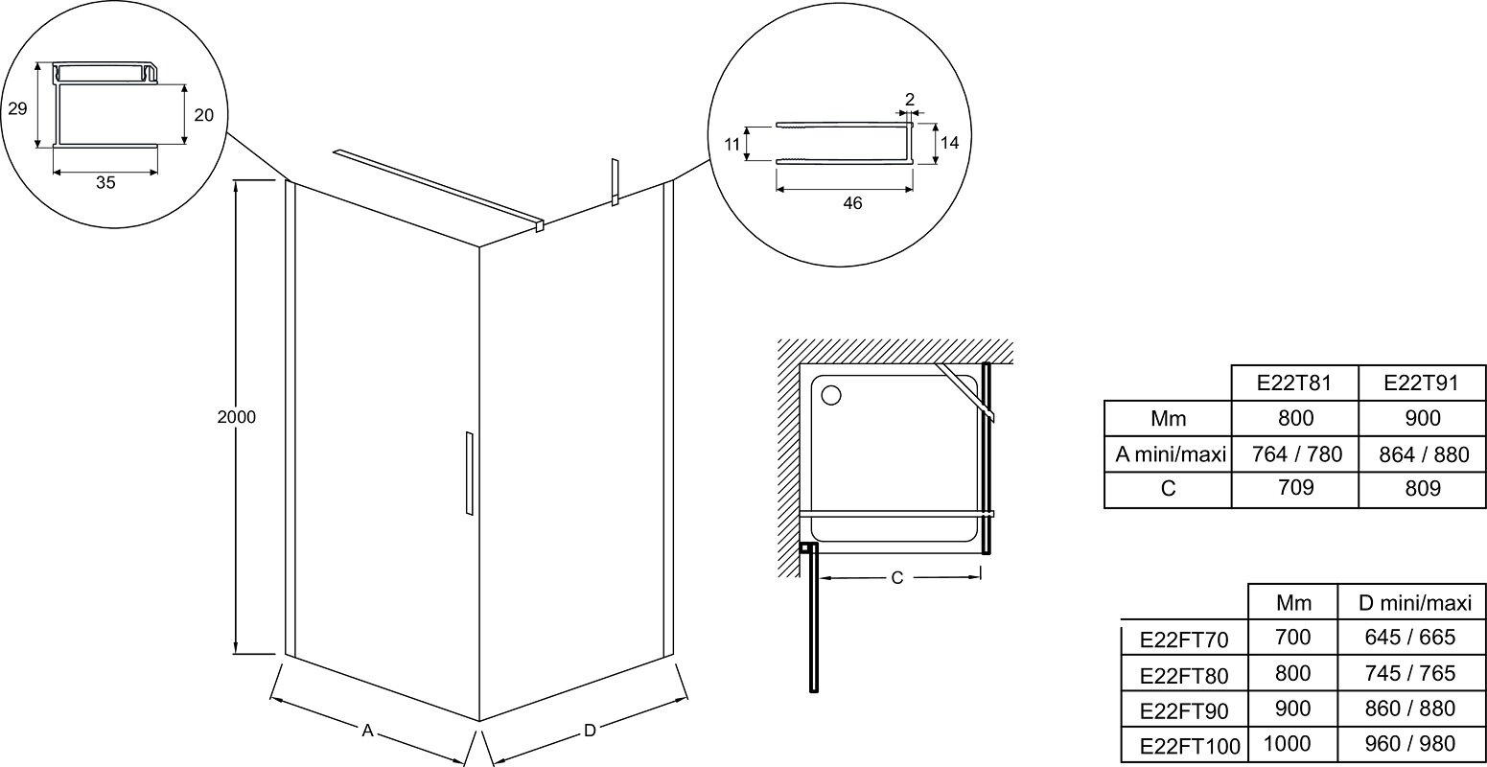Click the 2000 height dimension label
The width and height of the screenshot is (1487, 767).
(x=236, y=417)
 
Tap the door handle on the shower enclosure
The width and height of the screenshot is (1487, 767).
(x=470, y=474)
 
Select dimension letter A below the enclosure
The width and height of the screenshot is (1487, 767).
(x=367, y=732)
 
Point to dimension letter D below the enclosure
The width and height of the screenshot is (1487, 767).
(x=590, y=731)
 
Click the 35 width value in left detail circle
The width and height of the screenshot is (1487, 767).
(x=105, y=182)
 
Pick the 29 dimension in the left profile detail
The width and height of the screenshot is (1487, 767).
(x=18, y=108)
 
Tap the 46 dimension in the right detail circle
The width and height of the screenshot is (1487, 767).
(x=852, y=203)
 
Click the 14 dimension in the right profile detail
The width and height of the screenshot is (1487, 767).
(x=949, y=143)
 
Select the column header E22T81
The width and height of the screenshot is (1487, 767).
(x=1294, y=383)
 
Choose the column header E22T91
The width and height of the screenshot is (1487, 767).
(x=1421, y=383)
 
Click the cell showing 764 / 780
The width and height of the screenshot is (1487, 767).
(x=1296, y=454)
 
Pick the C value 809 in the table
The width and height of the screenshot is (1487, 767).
(x=1423, y=489)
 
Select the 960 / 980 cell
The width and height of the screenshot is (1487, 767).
(x=1410, y=744)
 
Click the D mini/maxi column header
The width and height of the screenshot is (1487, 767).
(x=1415, y=603)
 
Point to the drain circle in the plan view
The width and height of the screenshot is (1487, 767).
(x=831, y=396)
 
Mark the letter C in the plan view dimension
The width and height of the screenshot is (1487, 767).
(x=896, y=578)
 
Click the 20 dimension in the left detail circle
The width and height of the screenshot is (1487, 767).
(x=204, y=116)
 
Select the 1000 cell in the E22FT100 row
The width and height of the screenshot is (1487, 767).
(x=1288, y=744)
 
